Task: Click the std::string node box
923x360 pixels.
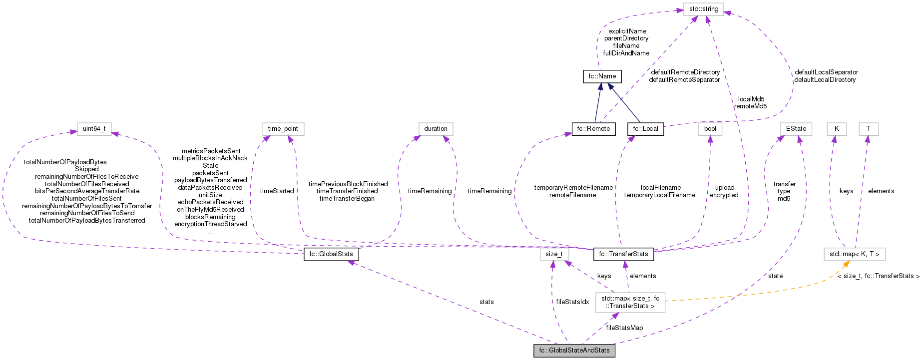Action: pyautogui.click(x=703, y=9)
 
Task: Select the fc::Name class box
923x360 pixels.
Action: pyautogui.click(x=602, y=76)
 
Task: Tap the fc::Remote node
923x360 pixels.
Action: pyautogui.click(x=593, y=129)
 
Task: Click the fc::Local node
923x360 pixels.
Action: pyautogui.click(x=645, y=129)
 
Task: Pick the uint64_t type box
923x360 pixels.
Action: pyautogui.click(x=94, y=129)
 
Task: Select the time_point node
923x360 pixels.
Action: pyautogui.click(x=283, y=129)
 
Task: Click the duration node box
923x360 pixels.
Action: pyautogui.click(x=436, y=129)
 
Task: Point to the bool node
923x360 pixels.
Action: pyautogui.click(x=710, y=129)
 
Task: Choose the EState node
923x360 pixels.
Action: pyautogui.click(x=796, y=129)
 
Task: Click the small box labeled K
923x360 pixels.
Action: pyautogui.click(x=836, y=129)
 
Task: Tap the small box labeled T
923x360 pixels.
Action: pyautogui.click(x=868, y=129)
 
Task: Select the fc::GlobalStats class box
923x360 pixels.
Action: pyautogui.click(x=331, y=254)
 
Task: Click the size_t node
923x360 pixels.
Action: pyautogui.click(x=553, y=254)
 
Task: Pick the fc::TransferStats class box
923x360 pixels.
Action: pyautogui.click(x=623, y=254)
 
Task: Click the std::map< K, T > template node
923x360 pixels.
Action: pyautogui.click(x=854, y=254)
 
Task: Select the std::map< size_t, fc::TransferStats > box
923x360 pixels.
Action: pyautogui.click(x=630, y=302)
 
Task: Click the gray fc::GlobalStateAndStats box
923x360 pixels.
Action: pyautogui.click(x=574, y=351)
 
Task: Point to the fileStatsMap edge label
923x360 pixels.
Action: pyautogui.click(x=624, y=328)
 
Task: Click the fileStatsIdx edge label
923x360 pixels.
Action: pyautogui.click(x=572, y=302)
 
